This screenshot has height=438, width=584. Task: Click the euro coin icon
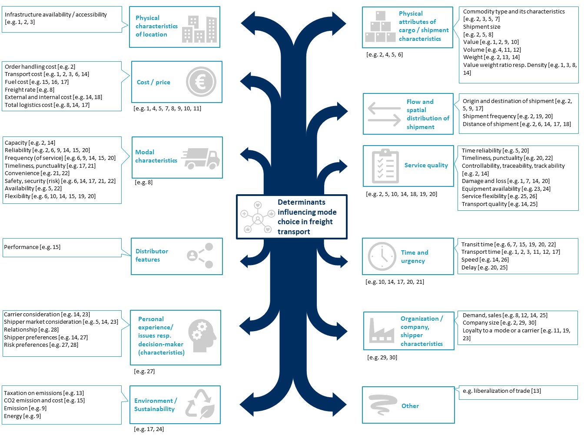(201, 81)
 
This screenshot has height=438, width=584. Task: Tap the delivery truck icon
(200, 158)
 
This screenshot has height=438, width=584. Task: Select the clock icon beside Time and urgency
(382, 256)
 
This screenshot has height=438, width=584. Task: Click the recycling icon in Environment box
(200, 405)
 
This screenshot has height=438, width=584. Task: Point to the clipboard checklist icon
(385, 166)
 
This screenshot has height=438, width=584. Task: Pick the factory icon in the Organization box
(381, 331)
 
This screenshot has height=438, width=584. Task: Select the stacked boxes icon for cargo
(380, 27)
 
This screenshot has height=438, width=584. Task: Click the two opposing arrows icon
(384, 114)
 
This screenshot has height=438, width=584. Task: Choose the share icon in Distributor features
(200, 255)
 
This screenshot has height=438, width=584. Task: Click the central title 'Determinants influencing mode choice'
(307, 216)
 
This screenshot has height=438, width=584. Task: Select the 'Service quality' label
(426, 165)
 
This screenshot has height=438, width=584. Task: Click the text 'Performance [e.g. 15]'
(32, 247)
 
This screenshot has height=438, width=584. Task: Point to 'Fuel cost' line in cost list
(36, 82)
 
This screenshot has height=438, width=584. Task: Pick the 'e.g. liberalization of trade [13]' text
(501, 391)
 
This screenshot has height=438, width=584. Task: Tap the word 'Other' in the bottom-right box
(410, 406)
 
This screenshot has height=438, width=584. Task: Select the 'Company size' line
(499, 322)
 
